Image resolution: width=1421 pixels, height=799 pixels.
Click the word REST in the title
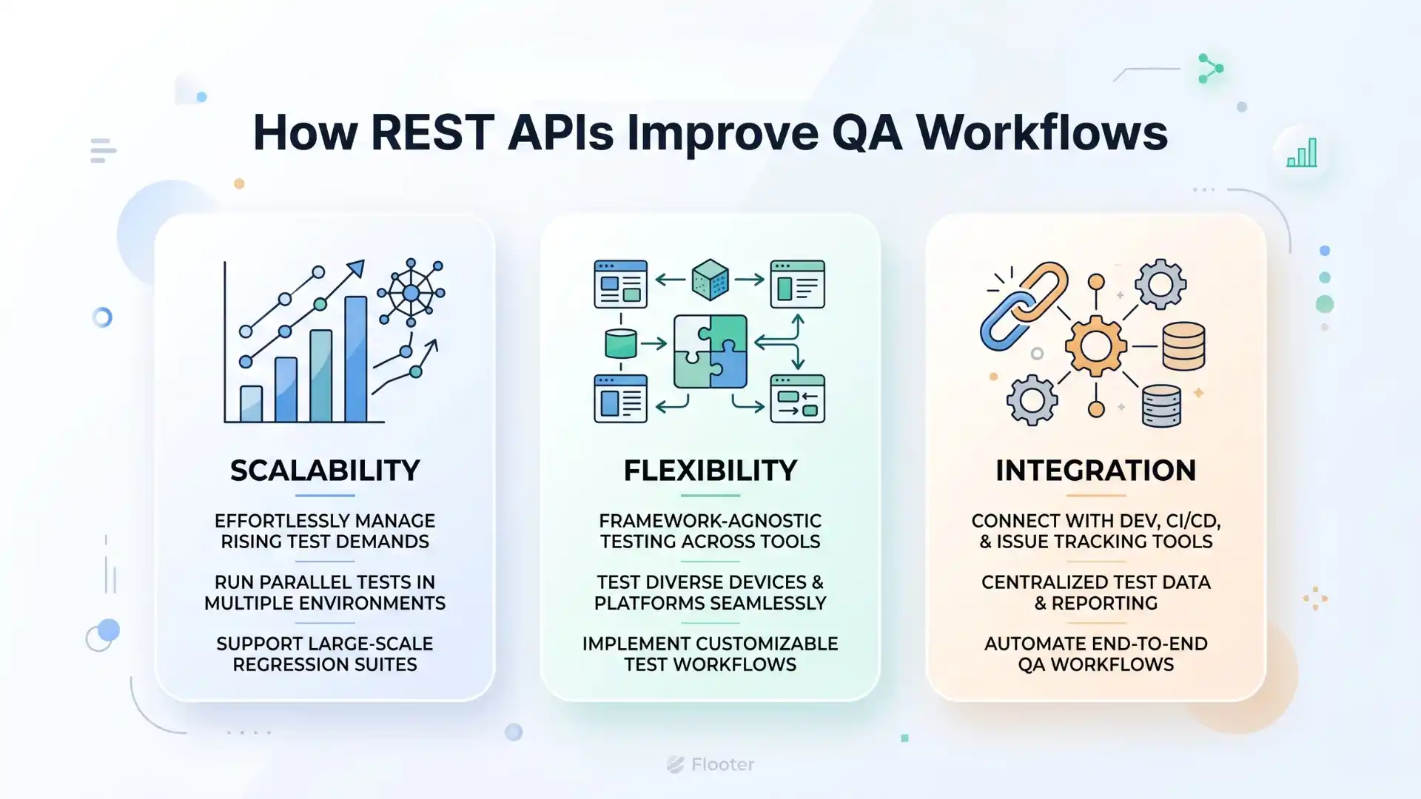click(x=431, y=133)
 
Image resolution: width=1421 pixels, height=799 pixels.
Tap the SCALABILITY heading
click(x=325, y=471)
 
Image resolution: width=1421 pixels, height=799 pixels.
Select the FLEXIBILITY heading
click(x=710, y=471)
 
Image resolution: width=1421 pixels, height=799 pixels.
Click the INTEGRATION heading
click(x=1095, y=471)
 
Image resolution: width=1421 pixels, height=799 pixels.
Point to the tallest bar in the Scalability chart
click(x=356, y=359)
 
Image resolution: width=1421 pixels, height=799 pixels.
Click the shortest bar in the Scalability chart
click(x=251, y=404)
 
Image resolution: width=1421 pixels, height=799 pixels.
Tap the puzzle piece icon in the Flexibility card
click(x=710, y=351)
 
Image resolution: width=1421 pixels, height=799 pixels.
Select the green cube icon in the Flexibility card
click(x=710, y=280)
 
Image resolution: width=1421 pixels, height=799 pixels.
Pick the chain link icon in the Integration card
click(x=1024, y=306)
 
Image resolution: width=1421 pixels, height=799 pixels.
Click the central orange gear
click(x=1095, y=345)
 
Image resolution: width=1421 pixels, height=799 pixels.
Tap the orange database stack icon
click(x=1183, y=345)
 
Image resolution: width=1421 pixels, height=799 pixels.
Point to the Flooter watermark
click(x=710, y=764)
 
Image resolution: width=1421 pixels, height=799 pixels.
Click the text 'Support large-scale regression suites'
click(x=325, y=654)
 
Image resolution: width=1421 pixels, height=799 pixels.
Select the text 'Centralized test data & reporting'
click(x=1095, y=593)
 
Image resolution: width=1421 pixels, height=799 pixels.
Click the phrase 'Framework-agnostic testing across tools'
click(x=710, y=531)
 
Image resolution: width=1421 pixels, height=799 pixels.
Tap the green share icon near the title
click(x=1210, y=69)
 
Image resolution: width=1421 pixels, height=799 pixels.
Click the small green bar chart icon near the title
click(x=1301, y=153)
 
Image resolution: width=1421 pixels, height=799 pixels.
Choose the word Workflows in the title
click(x=1042, y=133)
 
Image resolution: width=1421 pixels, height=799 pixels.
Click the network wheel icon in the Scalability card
click(x=411, y=293)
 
